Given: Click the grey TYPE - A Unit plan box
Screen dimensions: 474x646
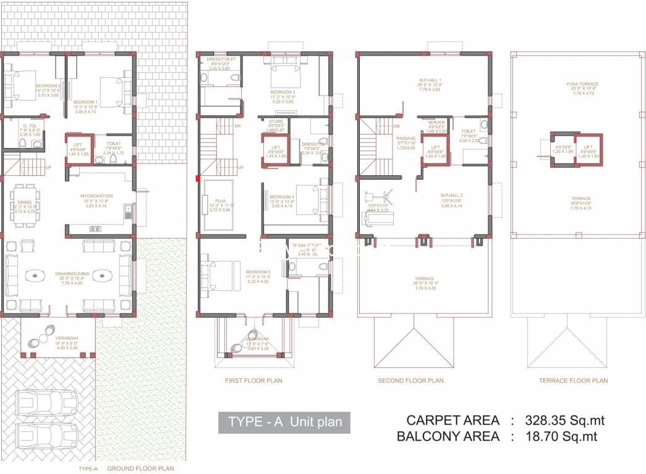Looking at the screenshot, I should (x=284, y=422).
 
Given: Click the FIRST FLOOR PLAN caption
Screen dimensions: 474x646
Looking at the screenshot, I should (x=253, y=381).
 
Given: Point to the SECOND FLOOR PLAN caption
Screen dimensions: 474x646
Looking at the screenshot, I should (x=410, y=381).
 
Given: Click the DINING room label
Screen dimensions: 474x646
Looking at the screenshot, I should (x=25, y=201).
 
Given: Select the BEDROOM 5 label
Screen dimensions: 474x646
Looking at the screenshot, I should (x=258, y=272).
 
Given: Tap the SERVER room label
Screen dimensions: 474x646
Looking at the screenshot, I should (x=436, y=123).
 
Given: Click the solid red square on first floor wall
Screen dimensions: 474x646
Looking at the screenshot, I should (x=197, y=178).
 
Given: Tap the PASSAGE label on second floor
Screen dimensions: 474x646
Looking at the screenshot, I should (x=406, y=139).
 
